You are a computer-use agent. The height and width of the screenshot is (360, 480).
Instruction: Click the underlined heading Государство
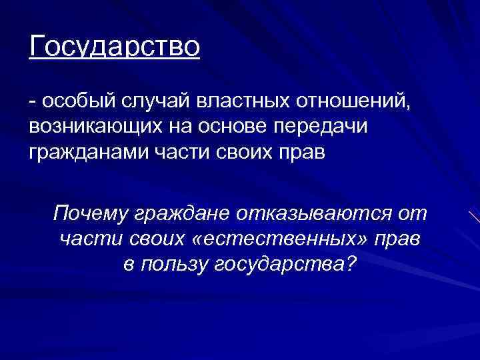114,48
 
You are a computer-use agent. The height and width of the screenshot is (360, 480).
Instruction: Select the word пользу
175,264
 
